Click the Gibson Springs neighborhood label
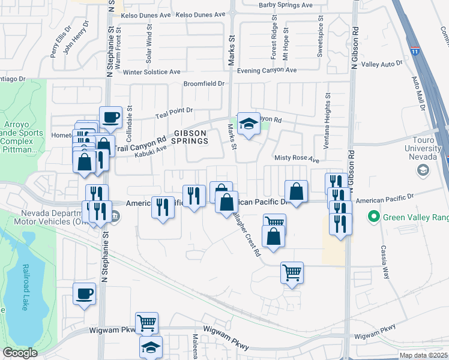pyautogui.click(x=191, y=137)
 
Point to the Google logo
pyautogui.click(x=20, y=353)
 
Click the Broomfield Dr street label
pyautogui.click(x=203, y=84)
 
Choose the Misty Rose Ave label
pyautogui.click(x=297, y=160)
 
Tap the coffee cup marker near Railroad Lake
pyautogui.click(x=84, y=293)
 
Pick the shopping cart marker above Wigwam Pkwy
pyautogui.click(x=146, y=323)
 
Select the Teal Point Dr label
pyautogui.click(x=173, y=110)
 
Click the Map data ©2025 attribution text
pyautogui.click(x=423, y=355)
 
